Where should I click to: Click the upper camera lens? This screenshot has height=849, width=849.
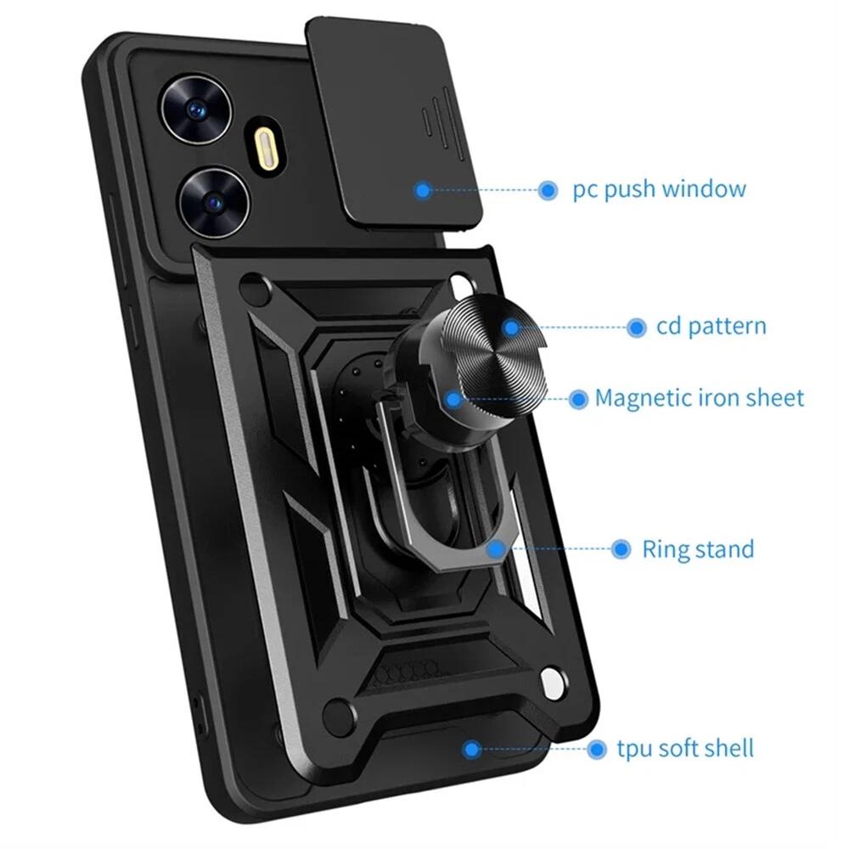pyautogui.click(x=195, y=110)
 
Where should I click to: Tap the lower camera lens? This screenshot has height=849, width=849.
pyautogui.click(x=215, y=203)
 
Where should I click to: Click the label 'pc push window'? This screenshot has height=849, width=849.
pyautogui.click(x=660, y=189)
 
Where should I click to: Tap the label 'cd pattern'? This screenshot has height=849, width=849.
pyautogui.click(x=711, y=327)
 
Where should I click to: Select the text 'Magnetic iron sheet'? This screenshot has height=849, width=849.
pyautogui.click(x=699, y=398)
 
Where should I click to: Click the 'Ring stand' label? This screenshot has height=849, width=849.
pyautogui.click(x=698, y=549)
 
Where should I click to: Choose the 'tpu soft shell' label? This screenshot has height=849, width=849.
pyautogui.click(x=685, y=749)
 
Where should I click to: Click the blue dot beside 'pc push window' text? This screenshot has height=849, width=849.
pyautogui.click(x=548, y=190)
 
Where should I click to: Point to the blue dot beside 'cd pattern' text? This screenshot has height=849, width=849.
pyautogui.click(x=637, y=328)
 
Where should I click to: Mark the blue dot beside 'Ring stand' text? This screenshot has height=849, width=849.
pyautogui.click(x=621, y=549)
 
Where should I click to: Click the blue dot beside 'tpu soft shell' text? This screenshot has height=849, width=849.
pyautogui.click(x=596, y=750)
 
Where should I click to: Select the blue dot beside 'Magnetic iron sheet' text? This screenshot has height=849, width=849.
pyautogui.click(x=578, y=400)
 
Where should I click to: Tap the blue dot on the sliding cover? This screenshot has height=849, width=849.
pyautogui.click(x=423, y=190)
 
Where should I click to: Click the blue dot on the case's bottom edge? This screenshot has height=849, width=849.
pyautogui.click(x=471, y=750)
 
